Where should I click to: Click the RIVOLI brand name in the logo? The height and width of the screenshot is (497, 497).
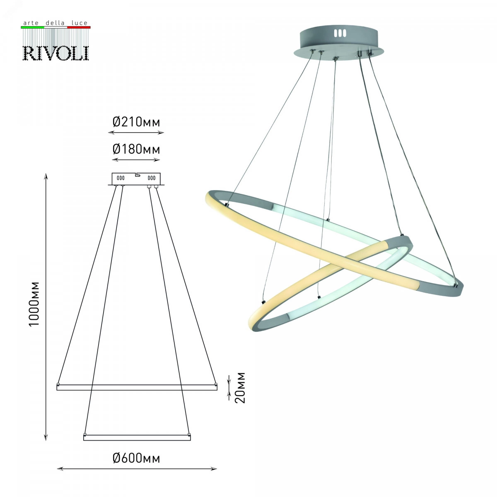56,53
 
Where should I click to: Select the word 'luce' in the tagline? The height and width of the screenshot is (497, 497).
80,23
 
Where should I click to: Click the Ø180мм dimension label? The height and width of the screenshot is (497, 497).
136,149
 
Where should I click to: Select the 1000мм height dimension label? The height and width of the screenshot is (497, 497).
34,304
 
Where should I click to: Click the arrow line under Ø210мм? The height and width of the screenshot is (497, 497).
136,133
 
